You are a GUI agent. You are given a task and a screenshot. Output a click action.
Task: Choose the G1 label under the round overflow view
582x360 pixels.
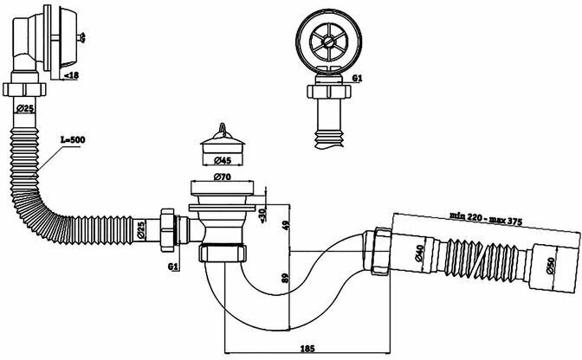coord(358,80)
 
